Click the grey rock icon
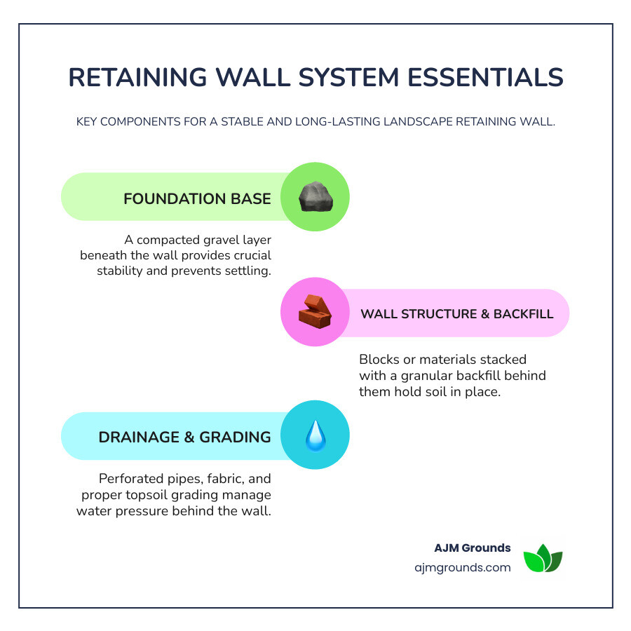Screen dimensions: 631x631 (315, 198)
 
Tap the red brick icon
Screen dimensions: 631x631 (315, 313)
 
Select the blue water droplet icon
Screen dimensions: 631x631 (315, 436)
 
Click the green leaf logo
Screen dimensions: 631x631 (543, 558)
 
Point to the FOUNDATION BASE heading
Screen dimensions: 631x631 (197, 198)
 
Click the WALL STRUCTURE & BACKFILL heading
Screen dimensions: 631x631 (456, 313)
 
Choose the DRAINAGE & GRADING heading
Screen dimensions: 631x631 (184, 437)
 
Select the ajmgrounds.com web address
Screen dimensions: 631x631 (463, 567)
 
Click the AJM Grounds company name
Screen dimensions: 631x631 (473, 548)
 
